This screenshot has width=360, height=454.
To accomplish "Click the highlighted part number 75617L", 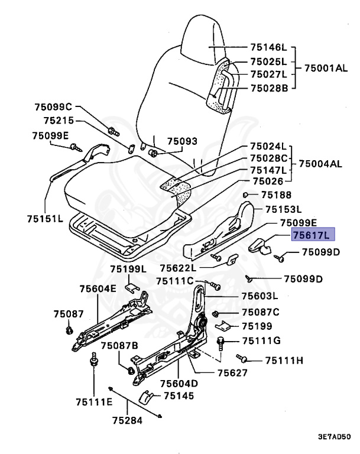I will [313, 235].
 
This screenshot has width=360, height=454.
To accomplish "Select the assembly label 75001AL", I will [326, 68].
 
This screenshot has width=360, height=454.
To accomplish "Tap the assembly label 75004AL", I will [320, 164].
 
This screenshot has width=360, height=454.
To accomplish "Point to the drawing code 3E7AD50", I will [334, 438].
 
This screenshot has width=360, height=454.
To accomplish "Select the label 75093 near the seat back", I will [182, 142].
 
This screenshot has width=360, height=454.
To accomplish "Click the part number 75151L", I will [45, 218].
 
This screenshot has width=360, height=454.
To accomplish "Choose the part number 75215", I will [58, 121].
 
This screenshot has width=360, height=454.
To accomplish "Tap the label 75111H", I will [284, 360].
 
